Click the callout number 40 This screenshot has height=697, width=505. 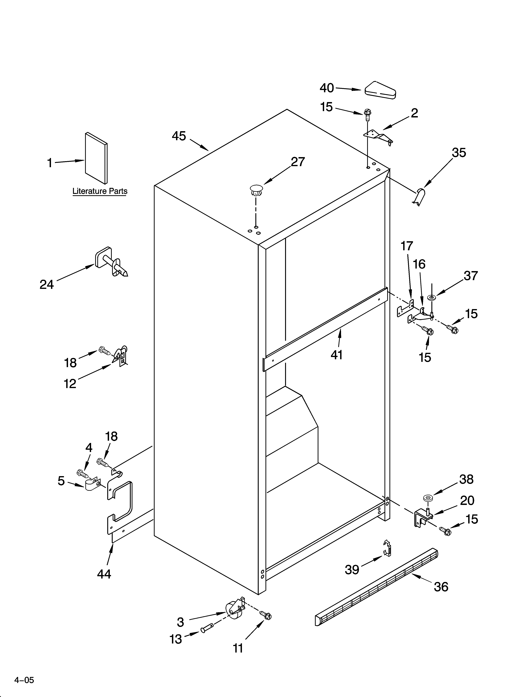327,88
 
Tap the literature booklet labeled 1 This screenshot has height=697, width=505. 96,158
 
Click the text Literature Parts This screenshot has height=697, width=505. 100,191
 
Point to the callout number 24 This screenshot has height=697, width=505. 47,285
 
